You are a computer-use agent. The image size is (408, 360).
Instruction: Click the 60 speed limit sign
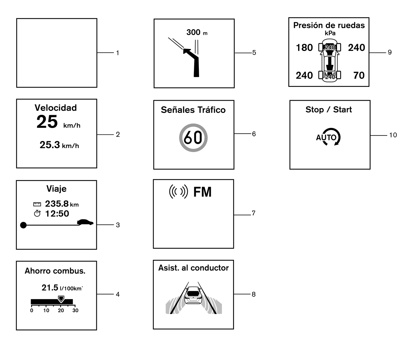pyautogui.click(x=193, y=138)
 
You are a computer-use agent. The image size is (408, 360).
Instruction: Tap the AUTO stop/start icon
pyautogui.click(x=328, y=137)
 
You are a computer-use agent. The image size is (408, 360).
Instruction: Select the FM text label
pyautogui.click(x=202, y=192)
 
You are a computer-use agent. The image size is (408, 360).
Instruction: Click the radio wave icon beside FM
pyautogui.click(x=178, y=192)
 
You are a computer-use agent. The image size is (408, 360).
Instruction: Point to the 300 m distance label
pyautogui.click(x=197, y=32)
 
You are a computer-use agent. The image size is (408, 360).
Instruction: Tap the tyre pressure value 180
pyautogui.click(x=304, y=48)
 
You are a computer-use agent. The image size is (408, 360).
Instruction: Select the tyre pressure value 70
pyautogui.click(x=359, y=75)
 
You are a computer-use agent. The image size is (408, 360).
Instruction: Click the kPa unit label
pyautogui.click(x=330, y=33)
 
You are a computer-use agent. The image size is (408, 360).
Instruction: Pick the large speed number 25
pyautogui.click(x=47, y=122)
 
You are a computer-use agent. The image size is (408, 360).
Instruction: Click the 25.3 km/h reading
pyautogui.click(x=59, y=145)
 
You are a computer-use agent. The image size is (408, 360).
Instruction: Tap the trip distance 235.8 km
pyautogui.click(x=62, y=204)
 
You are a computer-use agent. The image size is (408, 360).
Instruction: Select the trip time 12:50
pyautogui.click(x=57, y=214)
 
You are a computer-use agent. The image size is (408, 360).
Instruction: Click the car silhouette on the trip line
pyautogui.click(x=85, y=222)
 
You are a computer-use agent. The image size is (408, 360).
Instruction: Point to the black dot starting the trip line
pyautogui.click(x=23, y=225)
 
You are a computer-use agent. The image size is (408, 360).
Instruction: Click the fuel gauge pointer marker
pyautogui.click(x=61, y=299)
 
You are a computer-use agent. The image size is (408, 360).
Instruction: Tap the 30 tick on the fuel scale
pyautogui.click(x=75, y=310)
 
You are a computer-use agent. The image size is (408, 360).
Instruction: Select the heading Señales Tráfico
pyautogui.click(x=193, y=110)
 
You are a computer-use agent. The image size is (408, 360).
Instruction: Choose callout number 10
pyautogui.click(x=393, y=135)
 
